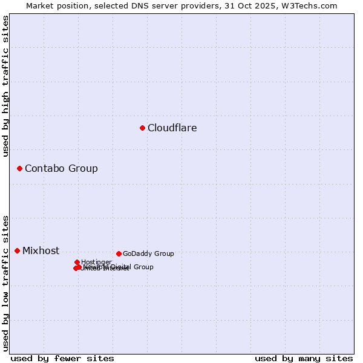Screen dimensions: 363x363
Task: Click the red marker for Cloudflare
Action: coord(142,128)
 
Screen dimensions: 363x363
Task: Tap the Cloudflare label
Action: coord(172,128)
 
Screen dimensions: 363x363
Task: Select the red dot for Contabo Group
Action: coord(19,168)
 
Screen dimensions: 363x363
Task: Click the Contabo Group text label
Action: coord(61,168)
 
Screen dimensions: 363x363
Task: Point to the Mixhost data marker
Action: coord(17,250)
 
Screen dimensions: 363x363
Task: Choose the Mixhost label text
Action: coord(41,250)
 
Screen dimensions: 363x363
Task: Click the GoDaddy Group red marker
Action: coord(119,253)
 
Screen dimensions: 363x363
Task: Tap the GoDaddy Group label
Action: coord(148,254)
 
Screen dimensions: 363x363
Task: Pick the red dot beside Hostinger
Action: coord(77,262)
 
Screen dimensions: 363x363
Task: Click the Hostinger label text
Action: coord(96,262)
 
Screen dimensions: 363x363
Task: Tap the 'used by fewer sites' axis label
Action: coord(62,358)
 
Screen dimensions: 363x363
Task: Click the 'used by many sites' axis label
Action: coord(304,358)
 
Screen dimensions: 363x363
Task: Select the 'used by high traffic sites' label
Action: coord(5,86)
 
